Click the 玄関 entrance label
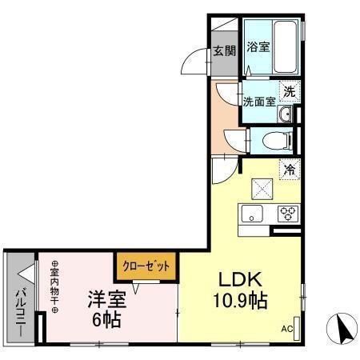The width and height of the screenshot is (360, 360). pos(225,52)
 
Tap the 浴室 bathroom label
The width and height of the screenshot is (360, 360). pos(258,46)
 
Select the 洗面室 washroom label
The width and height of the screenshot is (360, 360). pos(259,102)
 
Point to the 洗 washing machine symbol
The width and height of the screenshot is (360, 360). pos(290,90)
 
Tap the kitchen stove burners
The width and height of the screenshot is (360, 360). pos(286,214)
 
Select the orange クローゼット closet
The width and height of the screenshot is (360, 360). pos(146,265)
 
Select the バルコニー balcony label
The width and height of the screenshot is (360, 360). pos(19,303)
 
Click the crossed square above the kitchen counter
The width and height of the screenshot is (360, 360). pos(262,190)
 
